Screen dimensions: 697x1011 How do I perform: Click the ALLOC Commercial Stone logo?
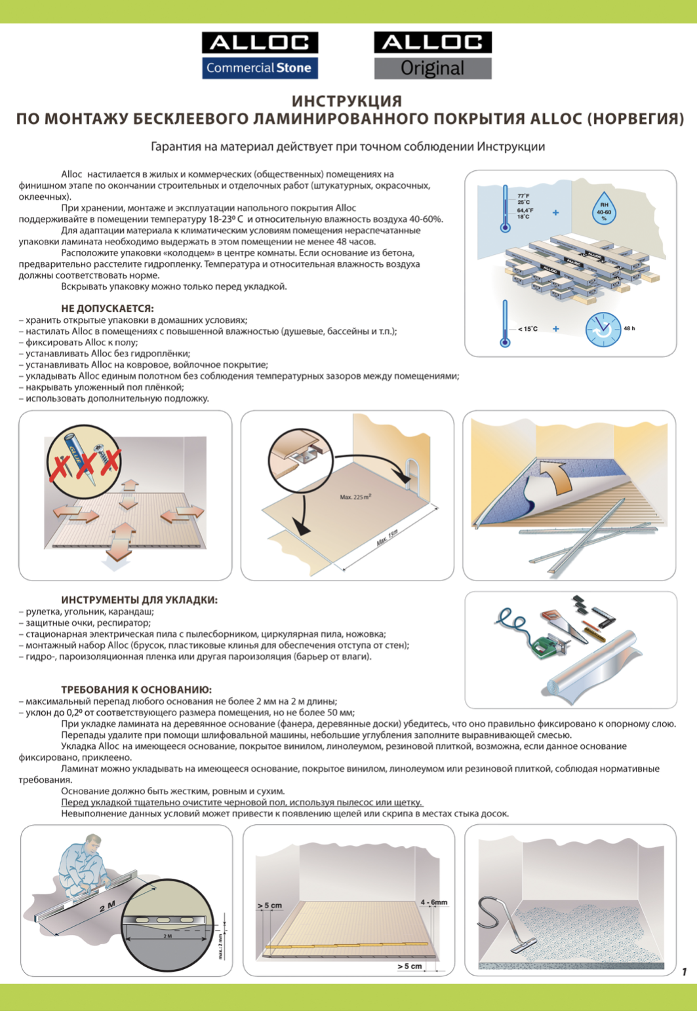coord(260,55)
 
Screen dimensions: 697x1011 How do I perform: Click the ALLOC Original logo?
coord(433,55)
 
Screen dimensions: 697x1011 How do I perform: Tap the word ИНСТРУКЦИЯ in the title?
coord(346,101)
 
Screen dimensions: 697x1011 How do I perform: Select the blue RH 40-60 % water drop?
coord(604,208)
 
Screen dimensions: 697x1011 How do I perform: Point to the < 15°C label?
coord(528,328)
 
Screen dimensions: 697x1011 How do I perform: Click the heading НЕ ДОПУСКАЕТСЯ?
coord(108,309)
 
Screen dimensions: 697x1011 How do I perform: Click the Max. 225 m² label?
coord(355,497)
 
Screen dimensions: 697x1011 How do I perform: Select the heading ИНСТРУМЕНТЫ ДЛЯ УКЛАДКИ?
coord(140,600)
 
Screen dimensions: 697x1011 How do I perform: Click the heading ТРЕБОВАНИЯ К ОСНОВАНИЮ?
coord(136,690)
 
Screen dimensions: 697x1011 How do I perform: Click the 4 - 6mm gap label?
coord(434,902)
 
